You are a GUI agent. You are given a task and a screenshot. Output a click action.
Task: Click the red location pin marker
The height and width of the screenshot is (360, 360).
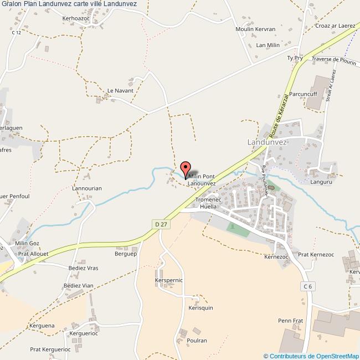186,168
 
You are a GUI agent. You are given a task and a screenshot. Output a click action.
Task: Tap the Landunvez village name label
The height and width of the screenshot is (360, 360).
267,142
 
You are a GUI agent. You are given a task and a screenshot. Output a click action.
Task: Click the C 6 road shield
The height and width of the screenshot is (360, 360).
308,286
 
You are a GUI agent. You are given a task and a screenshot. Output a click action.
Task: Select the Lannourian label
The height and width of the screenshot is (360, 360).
87,188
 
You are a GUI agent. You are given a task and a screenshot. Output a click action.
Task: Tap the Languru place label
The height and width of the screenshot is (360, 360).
321,181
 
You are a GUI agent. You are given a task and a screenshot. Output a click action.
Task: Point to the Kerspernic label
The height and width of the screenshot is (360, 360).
169,280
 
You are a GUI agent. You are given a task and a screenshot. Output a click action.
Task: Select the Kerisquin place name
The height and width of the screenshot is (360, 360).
200,308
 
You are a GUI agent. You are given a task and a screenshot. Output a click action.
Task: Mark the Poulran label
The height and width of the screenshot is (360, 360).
197,341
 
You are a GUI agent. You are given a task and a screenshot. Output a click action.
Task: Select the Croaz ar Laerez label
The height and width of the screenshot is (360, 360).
334,25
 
